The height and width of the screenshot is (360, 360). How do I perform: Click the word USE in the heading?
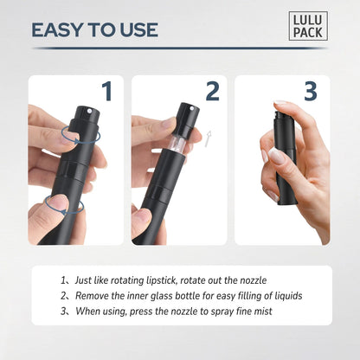pyautogui.click(x=137, y=30)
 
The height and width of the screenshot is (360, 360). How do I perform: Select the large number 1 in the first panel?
pyautogui.click(x=107, y=92)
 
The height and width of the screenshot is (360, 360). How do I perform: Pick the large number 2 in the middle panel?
pyautogui.click(x=212, y=92)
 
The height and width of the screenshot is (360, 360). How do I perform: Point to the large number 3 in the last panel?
pyautogui.click(x=311, y=92)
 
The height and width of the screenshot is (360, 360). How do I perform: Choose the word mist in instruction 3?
pyautogui.click(x=260, y=311)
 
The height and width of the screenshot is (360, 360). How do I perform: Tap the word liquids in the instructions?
pyautogui.click(x=285, y=295)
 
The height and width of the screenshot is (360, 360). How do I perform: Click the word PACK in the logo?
pyautogui.click(x=309, y=33)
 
